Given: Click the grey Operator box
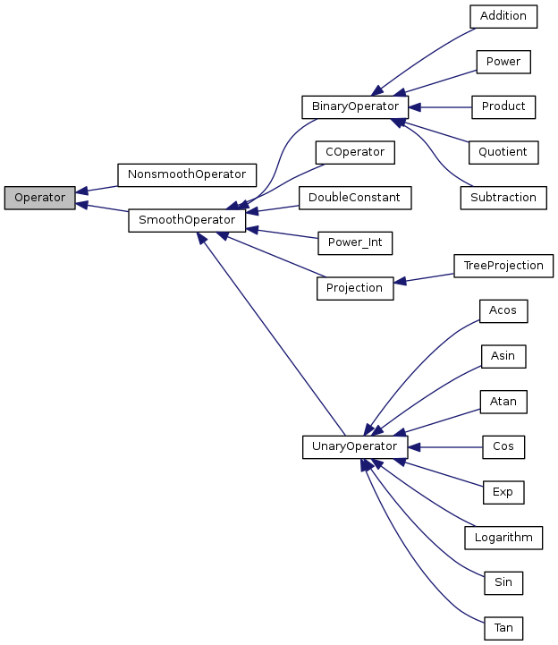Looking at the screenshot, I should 39,198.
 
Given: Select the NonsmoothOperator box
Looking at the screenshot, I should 187,174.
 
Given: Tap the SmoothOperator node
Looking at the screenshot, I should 187,220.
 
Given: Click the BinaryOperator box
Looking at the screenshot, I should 355,106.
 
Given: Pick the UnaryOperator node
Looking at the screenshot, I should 355,446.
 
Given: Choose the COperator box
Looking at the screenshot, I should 355,152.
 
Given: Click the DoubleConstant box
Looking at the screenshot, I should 355,197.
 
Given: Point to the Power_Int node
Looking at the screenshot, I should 355,242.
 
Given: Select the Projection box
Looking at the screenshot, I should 355,288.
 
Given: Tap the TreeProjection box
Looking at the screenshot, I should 503,266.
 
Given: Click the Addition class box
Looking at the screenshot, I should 503,16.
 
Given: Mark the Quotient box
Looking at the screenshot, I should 503,152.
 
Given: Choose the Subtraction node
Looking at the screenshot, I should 503,197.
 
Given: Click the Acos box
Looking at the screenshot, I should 503,310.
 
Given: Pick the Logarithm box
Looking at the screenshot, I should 503,537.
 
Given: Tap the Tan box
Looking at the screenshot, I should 503,627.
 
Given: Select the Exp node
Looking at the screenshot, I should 503,491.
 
